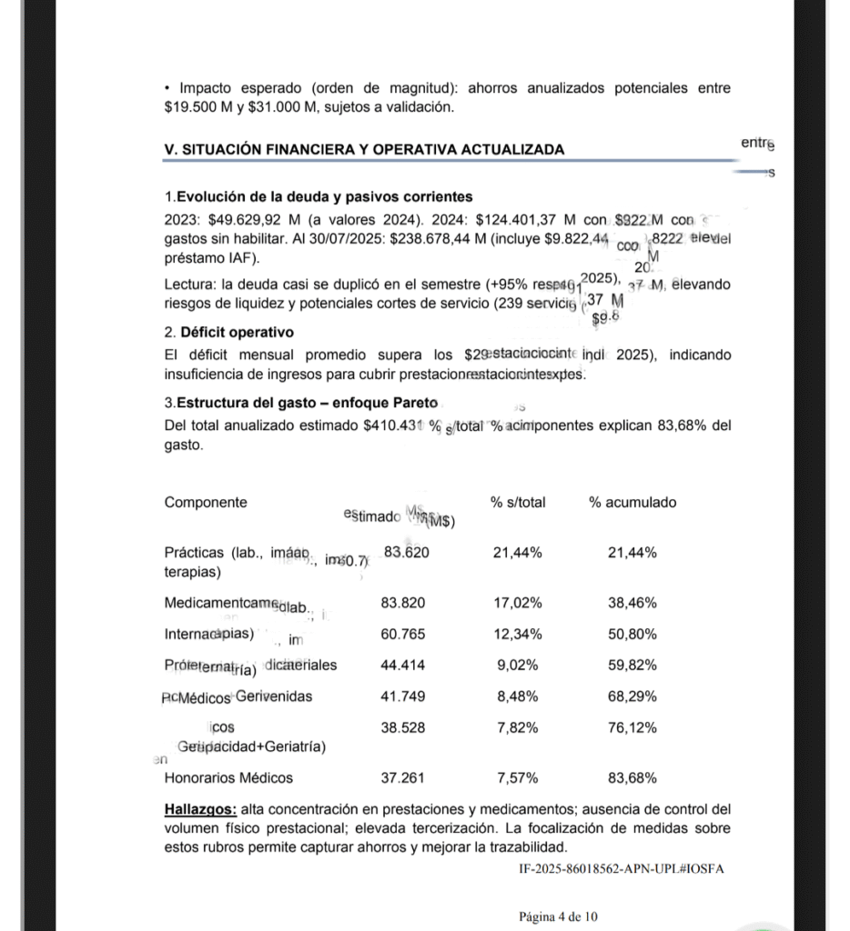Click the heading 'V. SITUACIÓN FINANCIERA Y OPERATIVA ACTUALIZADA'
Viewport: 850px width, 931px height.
click(363, 149)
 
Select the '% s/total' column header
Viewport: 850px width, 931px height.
click(518, 502)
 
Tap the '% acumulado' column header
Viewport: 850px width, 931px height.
click(632, 502)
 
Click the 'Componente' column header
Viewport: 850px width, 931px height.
click(205, 502)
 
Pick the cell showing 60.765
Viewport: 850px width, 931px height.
click(402, 634)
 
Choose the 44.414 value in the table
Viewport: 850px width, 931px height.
click(402, 666)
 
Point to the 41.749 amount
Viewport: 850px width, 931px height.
click(402, 696)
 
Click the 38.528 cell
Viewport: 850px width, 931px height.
click(402, 727)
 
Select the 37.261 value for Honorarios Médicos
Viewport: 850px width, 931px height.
click(402, 777)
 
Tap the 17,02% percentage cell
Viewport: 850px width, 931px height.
click(518, 603)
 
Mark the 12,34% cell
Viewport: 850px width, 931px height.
click(518, 634)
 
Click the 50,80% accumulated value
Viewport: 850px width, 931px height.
click(632, 634)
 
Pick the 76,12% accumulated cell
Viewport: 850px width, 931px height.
click(632, 727)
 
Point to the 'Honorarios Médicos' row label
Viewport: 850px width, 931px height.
click(228, 777)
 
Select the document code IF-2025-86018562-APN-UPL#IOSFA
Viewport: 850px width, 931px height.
click(622, 868)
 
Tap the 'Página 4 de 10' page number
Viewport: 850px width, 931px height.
click(559, 916)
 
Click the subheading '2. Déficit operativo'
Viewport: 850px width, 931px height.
click(228, 333)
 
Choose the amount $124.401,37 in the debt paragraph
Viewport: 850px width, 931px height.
click(515, 220)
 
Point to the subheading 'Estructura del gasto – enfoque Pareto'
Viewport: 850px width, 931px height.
click(307, 403)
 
